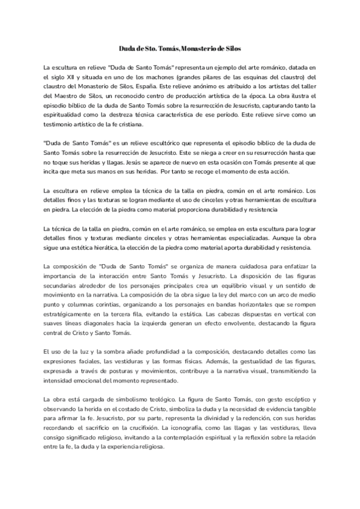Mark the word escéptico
point(296,399)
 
